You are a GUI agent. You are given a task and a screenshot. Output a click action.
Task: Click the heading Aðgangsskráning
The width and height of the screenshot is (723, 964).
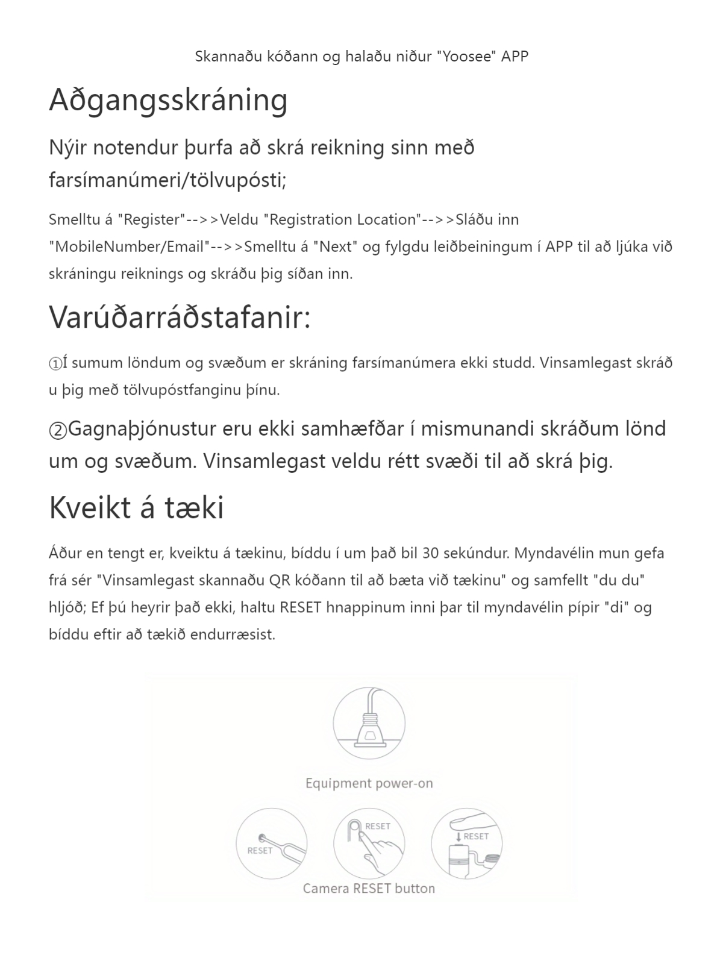(x=168, y=100)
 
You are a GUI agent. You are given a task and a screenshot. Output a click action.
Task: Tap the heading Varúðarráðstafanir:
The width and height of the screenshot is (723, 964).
(x=180, y=318)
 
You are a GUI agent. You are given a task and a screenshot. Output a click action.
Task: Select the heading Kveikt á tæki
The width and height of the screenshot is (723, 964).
(x=136, y=507)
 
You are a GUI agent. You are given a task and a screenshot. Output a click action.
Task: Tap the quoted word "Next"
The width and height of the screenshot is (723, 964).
(x=336, y=247)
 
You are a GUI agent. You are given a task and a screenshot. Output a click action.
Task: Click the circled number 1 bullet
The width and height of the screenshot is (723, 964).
(x=55, y=364)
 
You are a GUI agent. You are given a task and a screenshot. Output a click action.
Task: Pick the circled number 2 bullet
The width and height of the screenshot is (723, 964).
(x=58, y=430)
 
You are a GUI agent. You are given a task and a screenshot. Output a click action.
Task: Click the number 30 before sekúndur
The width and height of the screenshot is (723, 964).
(x=431, y=553)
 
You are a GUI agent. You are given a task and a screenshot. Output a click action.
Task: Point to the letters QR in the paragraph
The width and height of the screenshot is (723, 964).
(x=280, y=580)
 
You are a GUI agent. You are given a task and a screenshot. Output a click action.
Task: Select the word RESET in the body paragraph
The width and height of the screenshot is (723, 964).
(x=301, y=607)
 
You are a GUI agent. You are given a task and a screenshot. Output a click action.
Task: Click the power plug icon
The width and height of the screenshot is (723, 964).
(x=369, y=722)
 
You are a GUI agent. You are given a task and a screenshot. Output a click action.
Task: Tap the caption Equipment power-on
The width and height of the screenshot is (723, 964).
(x=369, y=783)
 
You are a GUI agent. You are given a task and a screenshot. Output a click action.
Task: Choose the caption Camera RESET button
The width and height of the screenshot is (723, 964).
(x=369, y=889)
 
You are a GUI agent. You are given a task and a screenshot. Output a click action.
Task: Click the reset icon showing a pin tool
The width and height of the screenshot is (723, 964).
(x=272, y=843)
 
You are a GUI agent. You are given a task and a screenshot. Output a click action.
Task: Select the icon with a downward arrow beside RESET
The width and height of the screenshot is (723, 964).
(x=466, y=843)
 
